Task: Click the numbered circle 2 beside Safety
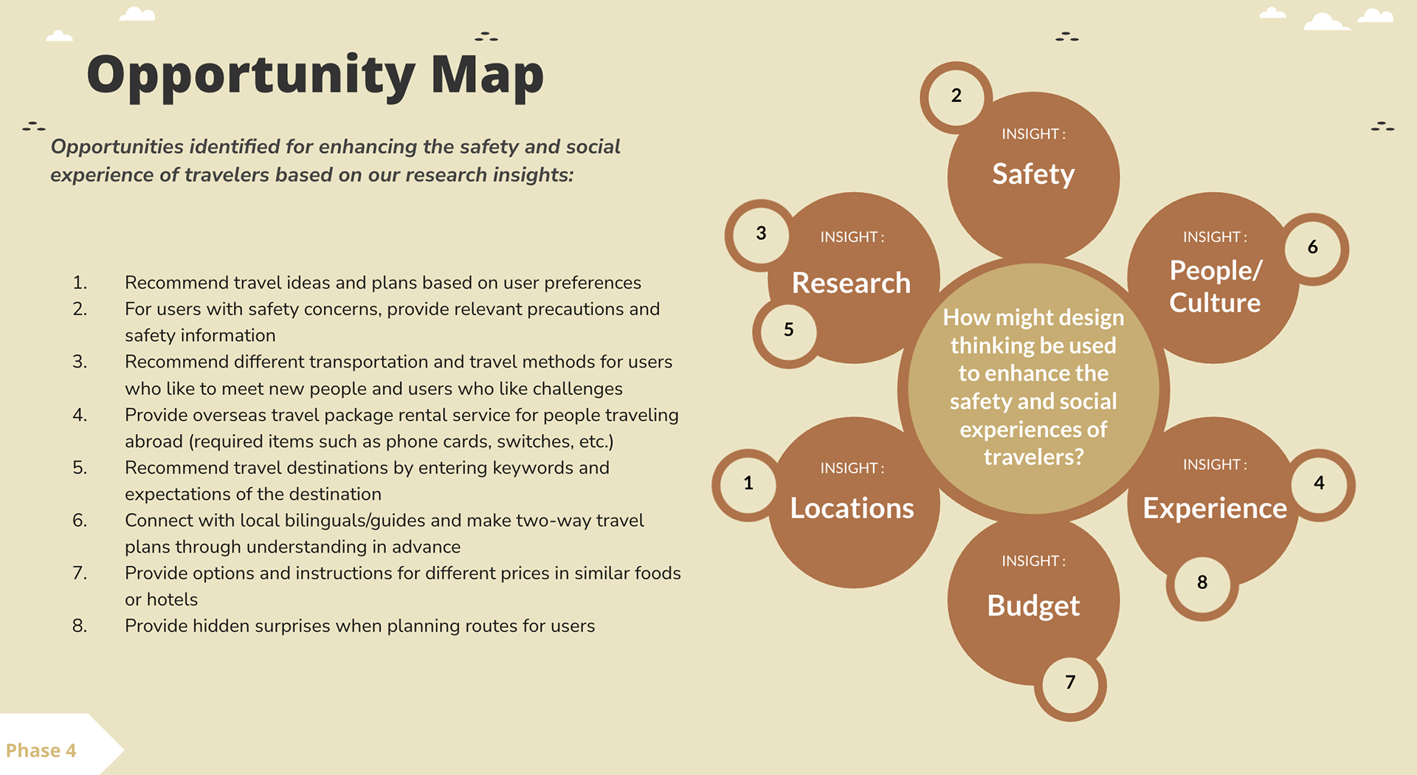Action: coord(956,97)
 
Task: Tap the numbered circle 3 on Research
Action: coord(761,235)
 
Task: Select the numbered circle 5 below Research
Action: coord(788,331)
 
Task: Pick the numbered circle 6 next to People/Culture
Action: coord(1313,248)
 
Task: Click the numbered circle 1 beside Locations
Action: coord(748,484)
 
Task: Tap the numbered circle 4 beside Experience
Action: coord(1319,484)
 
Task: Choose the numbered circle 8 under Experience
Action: coord(1202,583)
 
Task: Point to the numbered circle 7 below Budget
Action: coord(1070,683)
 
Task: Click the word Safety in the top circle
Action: coord(1033,174)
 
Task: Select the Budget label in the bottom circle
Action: coord(1033,606)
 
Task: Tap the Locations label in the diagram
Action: coord(852,509)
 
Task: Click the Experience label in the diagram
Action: coord(1215,509)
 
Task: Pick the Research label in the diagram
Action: coord(851,283)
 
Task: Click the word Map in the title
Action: coord(487,75)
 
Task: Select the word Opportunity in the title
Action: coord(251,77)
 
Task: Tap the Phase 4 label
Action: coord(41,751)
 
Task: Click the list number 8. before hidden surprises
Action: coord(80,626)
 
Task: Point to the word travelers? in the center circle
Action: coord(1033,458)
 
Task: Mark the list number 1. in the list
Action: coord(80,283)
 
